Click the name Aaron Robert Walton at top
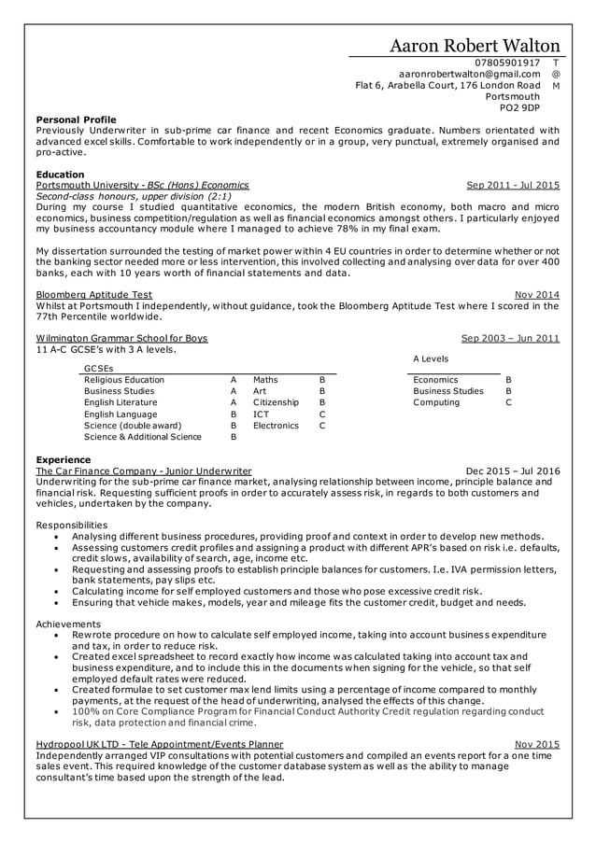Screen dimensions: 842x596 coord(475,46)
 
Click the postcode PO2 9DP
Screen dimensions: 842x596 coord(520,107)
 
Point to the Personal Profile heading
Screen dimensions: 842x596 coord(76,119)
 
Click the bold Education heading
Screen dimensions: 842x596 coord(60,175)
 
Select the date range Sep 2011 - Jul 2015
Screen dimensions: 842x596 coord(513,186)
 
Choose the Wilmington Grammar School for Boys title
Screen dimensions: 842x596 coord(121,338)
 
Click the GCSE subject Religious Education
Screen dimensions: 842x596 coord(124,380)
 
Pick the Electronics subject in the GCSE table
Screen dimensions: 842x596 coord(276,425)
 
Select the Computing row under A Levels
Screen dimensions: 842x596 coord(436,402)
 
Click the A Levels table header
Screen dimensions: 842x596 coord(430,358)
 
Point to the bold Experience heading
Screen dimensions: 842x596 coord(63,460)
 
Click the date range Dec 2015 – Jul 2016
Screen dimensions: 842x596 coord(513,471)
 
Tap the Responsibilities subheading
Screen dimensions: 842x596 coord(71,526)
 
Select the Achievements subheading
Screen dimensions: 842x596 coord(67,624)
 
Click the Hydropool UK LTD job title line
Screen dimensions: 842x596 coord(159,744)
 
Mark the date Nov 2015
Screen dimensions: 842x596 coord(537,744)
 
